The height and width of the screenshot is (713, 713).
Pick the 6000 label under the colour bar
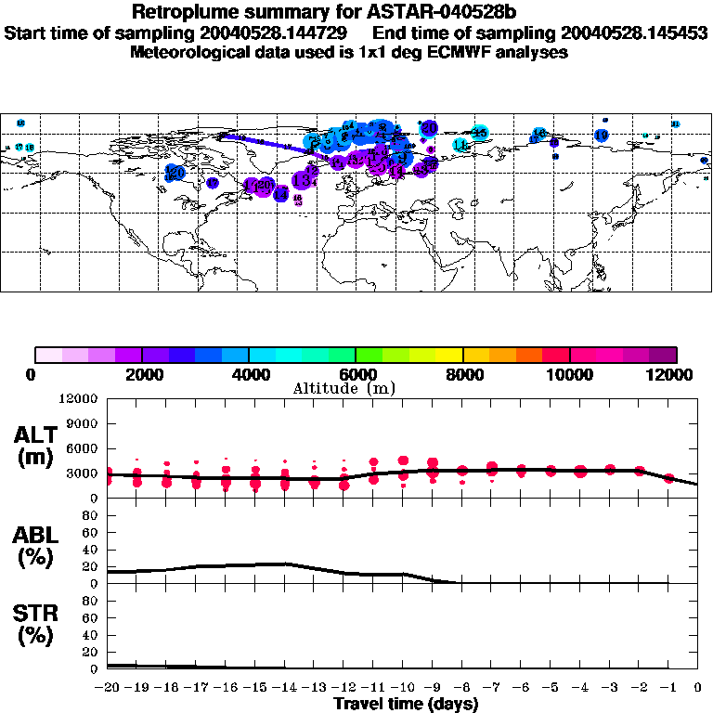pos(356,374)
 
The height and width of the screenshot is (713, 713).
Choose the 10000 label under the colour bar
pos(569,374)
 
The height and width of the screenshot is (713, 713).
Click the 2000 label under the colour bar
pos(142,374)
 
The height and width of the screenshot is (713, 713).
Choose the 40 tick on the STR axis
pos(90,634)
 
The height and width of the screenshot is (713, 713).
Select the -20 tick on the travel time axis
pos(108,687)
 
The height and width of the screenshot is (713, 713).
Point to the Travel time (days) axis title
pos(406,704)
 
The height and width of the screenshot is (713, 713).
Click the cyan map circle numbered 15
pos(480,133)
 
